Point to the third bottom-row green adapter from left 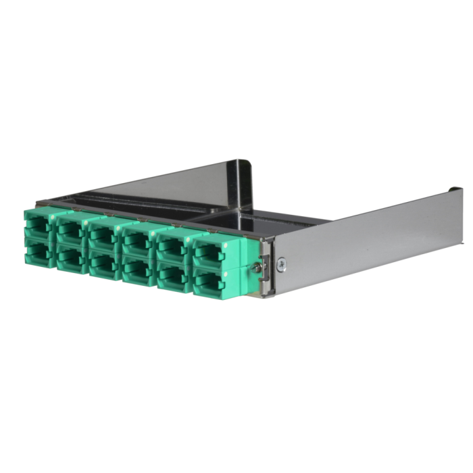point(103,264)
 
